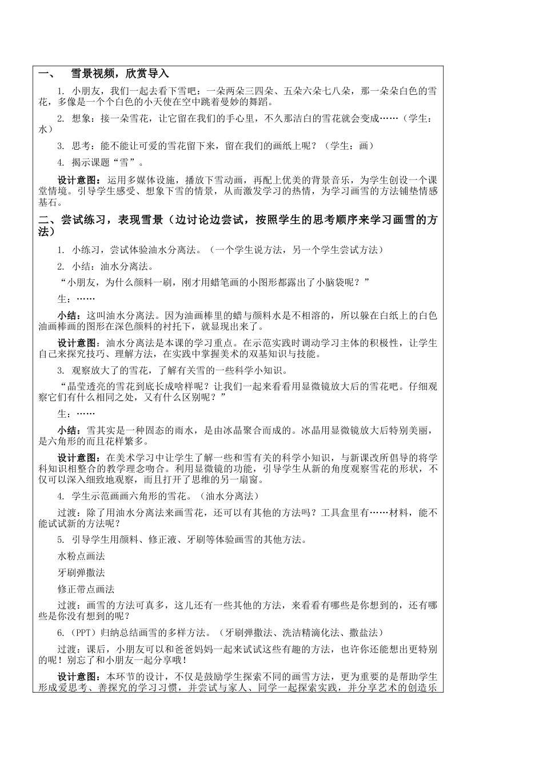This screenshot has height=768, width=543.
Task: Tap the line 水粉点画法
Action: (82, 556)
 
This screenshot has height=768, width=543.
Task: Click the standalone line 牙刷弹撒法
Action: (82, 573)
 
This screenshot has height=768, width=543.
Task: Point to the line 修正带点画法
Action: (86, 589)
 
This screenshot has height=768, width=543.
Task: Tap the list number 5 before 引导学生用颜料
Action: (61, 539)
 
